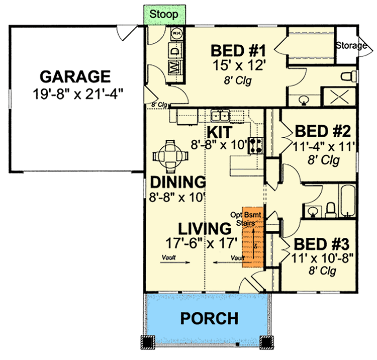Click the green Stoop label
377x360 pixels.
pos(164,14)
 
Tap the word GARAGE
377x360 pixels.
pos(75,77)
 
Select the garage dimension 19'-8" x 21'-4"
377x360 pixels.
pos(78,94)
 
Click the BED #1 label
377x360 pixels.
pos(238,51)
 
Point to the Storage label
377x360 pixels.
pos(351,45)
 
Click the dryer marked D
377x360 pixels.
pos(176,50)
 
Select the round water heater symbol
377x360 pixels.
pos(176,33)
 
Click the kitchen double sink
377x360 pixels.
pos(220,116)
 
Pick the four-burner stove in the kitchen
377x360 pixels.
pos(256,145)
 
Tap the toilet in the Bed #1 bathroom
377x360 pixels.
pos(349,76)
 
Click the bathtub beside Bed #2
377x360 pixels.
pos(347,201)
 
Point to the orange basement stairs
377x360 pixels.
pos(253,237)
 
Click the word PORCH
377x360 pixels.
pos(209,318)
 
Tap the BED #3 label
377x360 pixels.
pos(322,244)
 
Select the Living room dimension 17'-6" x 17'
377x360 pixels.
pos(202,243)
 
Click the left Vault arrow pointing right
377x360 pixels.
pos(175,262)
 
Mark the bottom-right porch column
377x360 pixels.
pos(266,342)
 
